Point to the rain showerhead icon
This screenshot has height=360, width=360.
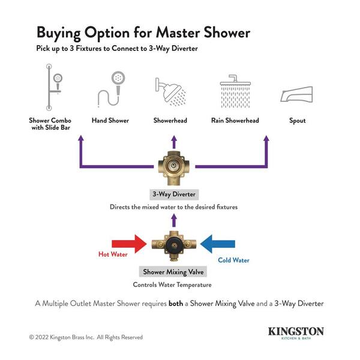pos(235,90)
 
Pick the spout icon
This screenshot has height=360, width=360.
pos(296,94)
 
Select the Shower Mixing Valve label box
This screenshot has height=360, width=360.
pos(173,272)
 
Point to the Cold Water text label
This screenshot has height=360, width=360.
pos(233,260)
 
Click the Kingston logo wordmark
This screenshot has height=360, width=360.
pos(296,331)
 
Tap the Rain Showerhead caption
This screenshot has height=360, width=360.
pos(235,121)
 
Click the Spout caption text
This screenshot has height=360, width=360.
pos(297,121)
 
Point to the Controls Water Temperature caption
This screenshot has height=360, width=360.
pos(173,284)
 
